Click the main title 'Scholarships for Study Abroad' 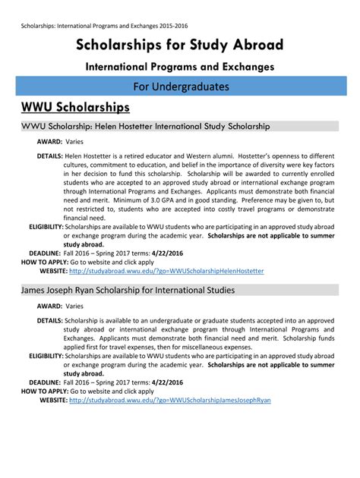click(x=179, y=46)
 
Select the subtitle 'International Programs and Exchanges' click(x=179, y=68)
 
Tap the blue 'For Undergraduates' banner click(x=180, y=86)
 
